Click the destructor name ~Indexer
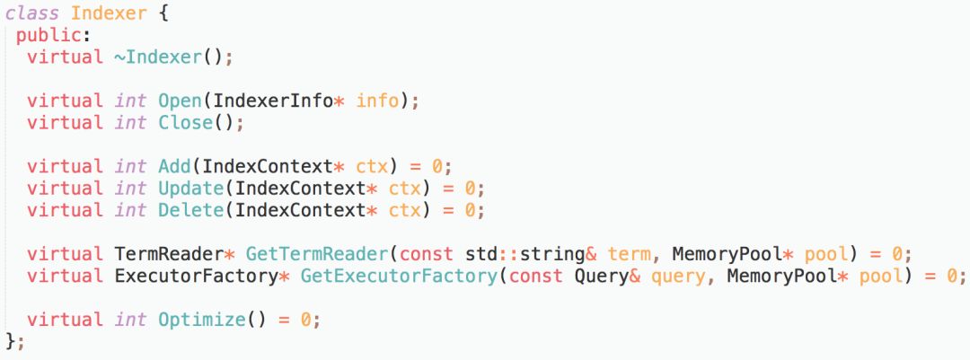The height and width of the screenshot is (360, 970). tap(163, 57)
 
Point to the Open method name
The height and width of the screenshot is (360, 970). tap(180, 101)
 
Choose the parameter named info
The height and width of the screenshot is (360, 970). tap(377, 101)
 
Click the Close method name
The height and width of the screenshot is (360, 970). tap(186, 122)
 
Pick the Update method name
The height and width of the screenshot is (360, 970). tap(190, 189)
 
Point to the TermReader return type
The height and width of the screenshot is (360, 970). tap(169, 254)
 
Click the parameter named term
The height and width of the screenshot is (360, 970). tap(629, 254)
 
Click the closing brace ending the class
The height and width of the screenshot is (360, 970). tap(10, 342)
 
